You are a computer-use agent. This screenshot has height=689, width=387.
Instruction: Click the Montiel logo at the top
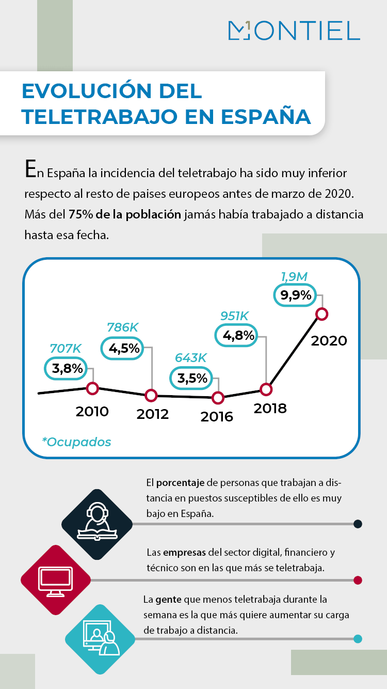point(294,30)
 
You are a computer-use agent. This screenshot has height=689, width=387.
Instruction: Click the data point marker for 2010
point(92,388)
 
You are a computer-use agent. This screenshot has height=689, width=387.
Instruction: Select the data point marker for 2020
point(322,314)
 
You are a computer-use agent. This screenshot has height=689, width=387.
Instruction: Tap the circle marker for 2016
point(218,398)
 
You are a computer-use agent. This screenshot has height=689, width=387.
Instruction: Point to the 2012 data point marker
point(151,396)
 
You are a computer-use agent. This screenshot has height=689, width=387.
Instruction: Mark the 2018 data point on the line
point(265,389)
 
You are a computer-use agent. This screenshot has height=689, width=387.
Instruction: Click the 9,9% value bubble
point(296,295)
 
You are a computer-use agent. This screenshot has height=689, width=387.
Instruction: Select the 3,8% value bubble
point(68,368)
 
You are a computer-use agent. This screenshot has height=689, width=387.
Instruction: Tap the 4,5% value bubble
point(124,348)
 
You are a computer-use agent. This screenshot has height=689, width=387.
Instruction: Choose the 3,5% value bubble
point(192,378)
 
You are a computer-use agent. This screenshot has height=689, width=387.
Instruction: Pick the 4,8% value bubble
point(238,336)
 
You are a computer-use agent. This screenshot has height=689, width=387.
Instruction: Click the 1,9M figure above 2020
point(294,277)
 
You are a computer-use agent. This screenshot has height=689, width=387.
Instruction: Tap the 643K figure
point(190,358)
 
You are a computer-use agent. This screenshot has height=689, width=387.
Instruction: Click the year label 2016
point(217,416)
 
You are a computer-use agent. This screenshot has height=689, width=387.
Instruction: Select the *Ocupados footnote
point(76,442)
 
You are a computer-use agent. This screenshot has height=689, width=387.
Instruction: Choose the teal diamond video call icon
point(100,639)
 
